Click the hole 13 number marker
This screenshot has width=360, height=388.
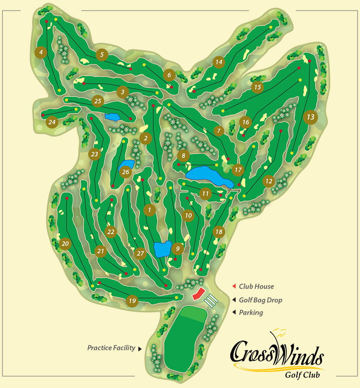click(311, 117)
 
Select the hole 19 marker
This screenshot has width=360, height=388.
click(132, 301)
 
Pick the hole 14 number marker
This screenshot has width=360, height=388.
click(219, 62)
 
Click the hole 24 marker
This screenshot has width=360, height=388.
click(52, 122)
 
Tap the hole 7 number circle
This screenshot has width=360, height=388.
click(219, 131)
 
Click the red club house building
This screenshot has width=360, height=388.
click(198, 294)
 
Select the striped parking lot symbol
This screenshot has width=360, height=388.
click(210, 301)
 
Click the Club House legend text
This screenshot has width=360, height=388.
click(256, 286)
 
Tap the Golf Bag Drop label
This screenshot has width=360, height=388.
click(261, 300)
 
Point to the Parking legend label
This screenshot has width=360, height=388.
click(251, 312)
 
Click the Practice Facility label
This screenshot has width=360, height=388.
click(111, 348)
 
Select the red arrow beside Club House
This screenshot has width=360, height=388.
click(233, 286)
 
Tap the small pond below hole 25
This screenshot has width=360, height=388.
click(111, 117)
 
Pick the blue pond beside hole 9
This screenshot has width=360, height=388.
click(162, 249)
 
